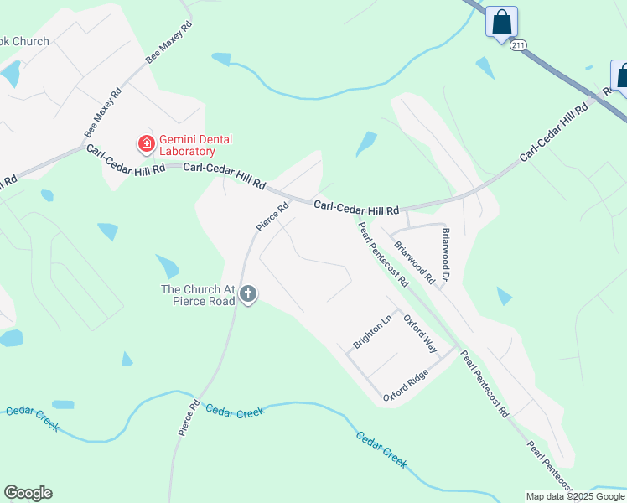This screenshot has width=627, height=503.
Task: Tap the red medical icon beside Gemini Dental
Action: point(146,144)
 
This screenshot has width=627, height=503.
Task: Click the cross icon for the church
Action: point(247,294)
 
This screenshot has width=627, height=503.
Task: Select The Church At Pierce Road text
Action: point(197,295)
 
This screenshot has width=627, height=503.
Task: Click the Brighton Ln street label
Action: point(373,331)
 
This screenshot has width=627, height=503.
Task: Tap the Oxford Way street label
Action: point(420,332)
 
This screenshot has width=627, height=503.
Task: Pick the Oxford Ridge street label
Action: point(406,385)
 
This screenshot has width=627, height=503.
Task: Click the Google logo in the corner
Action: point(28,493)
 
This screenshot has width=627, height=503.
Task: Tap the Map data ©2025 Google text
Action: point(575,496)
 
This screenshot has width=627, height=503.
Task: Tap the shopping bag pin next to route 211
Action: point(501,23)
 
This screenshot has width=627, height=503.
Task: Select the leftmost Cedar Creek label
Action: point(33,419)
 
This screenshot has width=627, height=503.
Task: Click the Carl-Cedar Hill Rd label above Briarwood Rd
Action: point(356,207)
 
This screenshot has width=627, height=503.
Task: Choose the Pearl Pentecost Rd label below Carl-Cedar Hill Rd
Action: point(382,254)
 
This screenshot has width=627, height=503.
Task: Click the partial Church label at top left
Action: point(24,41)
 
